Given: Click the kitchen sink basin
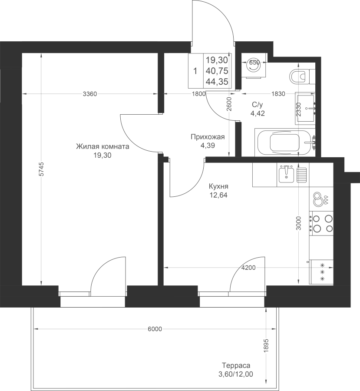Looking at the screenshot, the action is (x=286, y=174).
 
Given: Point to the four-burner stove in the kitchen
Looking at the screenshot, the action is (x=321, y=223).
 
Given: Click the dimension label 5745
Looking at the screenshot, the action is (x=41, y=169).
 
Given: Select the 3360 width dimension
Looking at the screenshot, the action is (x=90, y=94).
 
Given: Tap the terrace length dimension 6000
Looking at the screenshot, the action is (x=155, y=329).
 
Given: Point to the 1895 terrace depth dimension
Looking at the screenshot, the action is (x=267, y=345).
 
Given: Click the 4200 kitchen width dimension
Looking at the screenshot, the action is (x=248, y=268).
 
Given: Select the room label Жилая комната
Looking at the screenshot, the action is (x=102, y=146).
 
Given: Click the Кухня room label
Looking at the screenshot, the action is (x=218, y=186).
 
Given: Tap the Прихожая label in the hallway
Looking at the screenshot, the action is (x=208, y=137).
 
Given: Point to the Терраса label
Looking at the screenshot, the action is (x=236, y=365).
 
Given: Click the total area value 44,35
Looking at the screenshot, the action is (x=217, y=82).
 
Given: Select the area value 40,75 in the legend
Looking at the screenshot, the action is (x=217, y=71).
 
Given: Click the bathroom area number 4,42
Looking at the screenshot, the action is (x=258, y=113).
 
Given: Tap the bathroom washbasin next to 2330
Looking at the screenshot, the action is (x=305, y=108).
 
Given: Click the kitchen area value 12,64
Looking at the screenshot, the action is (x=218, y=195).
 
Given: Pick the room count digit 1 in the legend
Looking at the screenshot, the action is (x=195, y=71).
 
